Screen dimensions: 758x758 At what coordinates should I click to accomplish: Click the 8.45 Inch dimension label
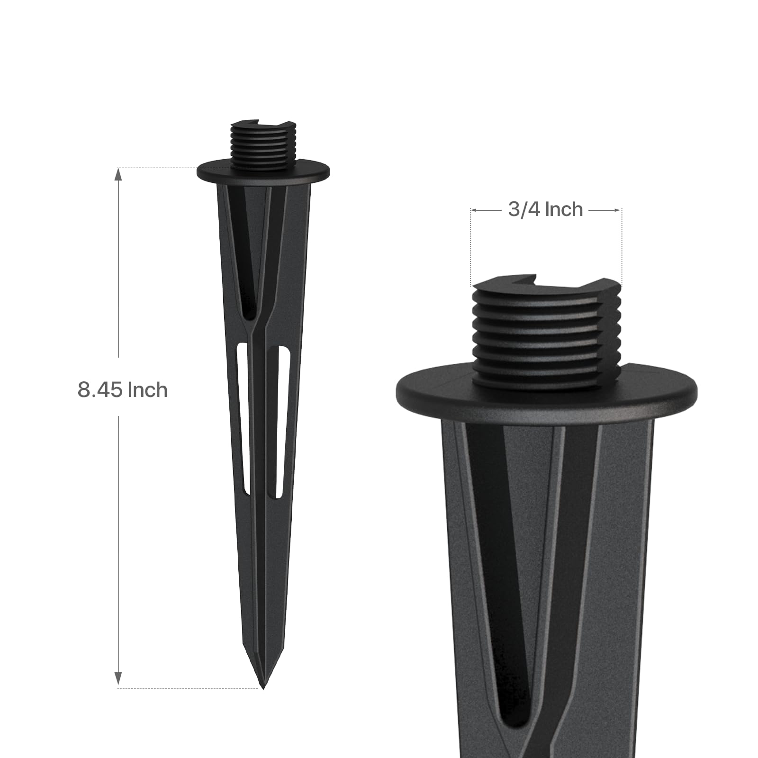tap(123, 390)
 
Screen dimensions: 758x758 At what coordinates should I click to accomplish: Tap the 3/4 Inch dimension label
tap(545, 209)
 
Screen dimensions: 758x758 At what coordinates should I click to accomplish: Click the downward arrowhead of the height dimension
tap(118, 678)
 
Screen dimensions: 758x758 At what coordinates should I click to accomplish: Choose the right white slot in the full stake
tap(283, 422)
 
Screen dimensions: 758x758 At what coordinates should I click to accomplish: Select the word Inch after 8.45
tap(147, 390)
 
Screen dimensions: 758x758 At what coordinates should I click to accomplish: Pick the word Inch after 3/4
tap(564, 209)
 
